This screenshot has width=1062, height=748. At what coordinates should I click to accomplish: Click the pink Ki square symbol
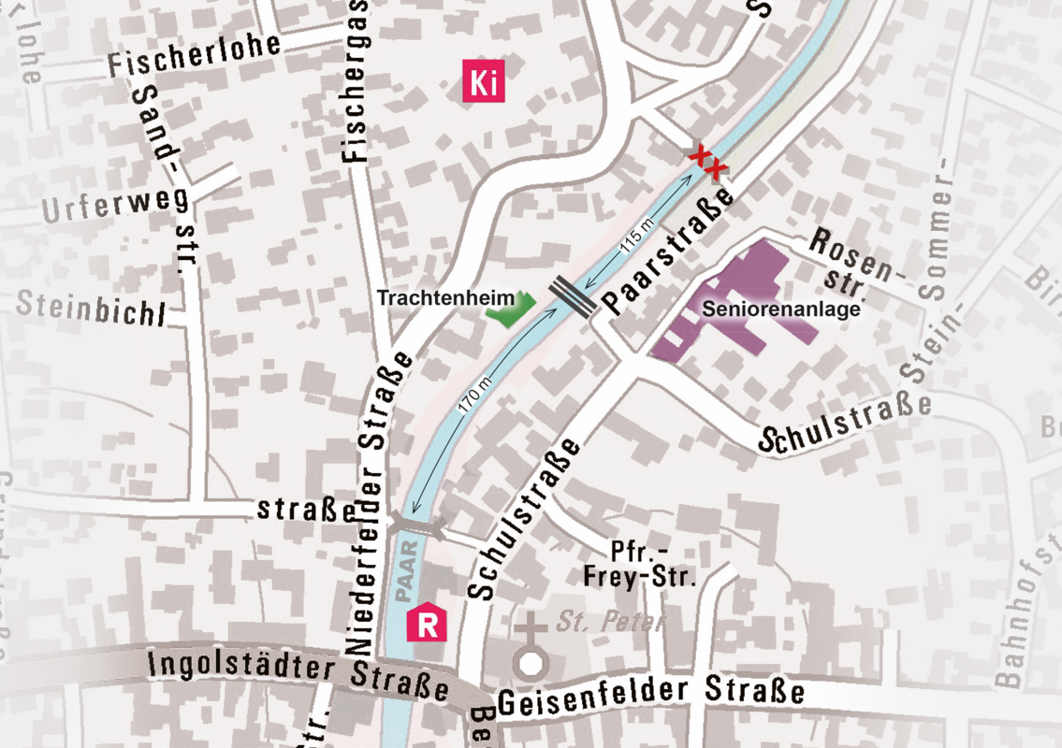(x=483, y=82)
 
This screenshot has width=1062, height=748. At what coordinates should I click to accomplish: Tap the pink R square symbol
(x=427, y=623)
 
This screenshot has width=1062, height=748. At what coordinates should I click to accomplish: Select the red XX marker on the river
(x=707, y=162)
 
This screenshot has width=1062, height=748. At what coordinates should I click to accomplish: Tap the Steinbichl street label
(x=91, y=308)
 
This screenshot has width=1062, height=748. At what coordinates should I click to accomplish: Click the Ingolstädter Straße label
(x=298, y=676)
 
